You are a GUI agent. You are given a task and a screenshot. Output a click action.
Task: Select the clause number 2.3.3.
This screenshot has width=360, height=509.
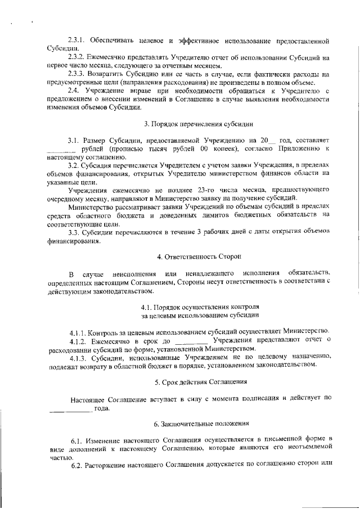click(x=75, y=74)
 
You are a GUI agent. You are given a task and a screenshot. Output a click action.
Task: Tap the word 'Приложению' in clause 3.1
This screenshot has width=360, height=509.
click(x=298, y=148)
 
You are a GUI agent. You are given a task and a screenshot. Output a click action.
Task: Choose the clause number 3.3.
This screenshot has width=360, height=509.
click(x=73, y=232)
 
